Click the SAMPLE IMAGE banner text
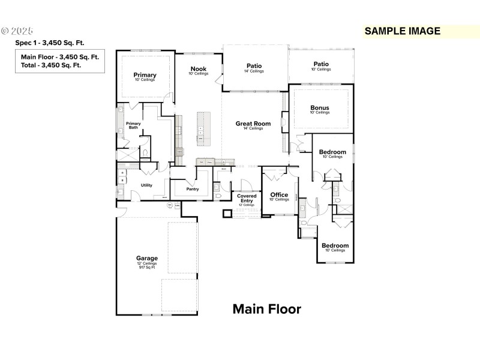(x=403, y=31)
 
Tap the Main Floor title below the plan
(x=267, y=309)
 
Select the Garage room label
(x=146, y=259)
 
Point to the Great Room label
(x=253, y=124)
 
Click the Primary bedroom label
(x=145, y=75)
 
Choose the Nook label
(x=199, y=69)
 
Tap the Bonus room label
(x=320, y=109)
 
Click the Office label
(x=279, y=195)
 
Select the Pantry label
(x=192, y=189)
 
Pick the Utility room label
(x=146, y=185)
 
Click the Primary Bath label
(x=133, y=125)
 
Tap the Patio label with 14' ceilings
(x=254, y=66)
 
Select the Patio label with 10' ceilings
(x=321, y=64)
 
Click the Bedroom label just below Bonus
(x=332, y=152)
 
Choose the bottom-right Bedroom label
(x=335, y=245)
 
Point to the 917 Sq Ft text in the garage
(x=146, y=268)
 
